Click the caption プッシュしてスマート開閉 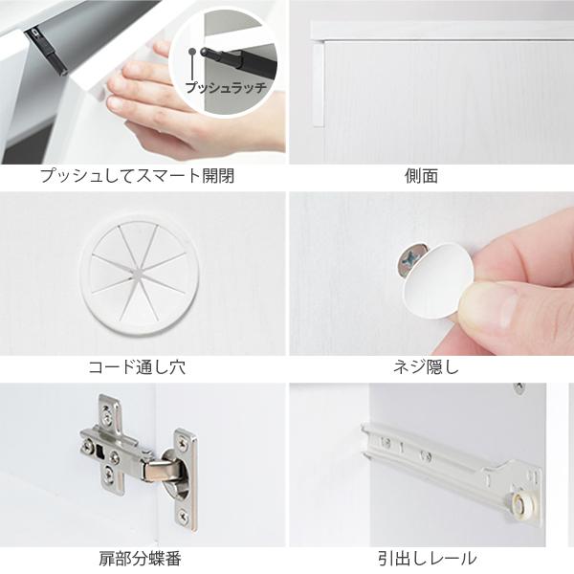click(x=137, y=177)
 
